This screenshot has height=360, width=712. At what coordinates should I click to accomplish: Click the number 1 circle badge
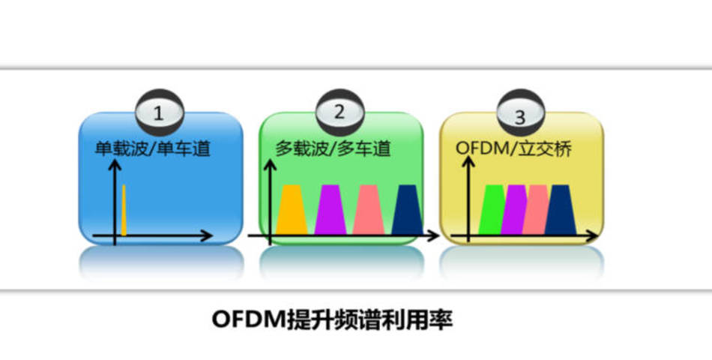click(158, 114)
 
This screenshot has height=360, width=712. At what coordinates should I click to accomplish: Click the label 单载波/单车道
click(152, 149)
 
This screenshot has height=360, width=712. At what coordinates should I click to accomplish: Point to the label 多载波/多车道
click(333, 149)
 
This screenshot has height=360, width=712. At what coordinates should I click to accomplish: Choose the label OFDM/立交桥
click(513, 149)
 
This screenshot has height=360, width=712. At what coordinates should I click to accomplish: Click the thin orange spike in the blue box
click(124, 211)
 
